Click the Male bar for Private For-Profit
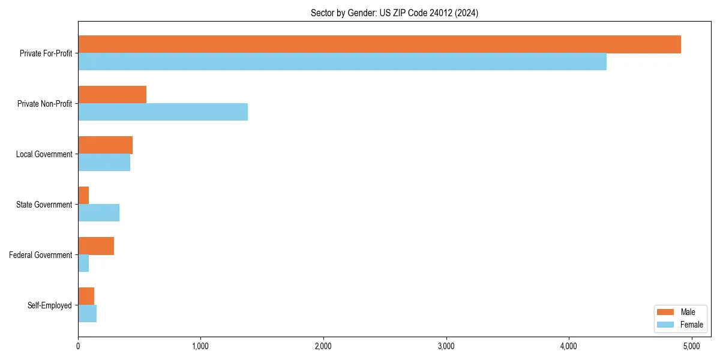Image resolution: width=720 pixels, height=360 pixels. pos(379,44)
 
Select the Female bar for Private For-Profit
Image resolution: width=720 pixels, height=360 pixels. pos(342,62)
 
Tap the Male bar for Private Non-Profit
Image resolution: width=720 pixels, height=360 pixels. pos(112,95)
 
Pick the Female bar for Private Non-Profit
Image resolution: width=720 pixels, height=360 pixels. pos(163,112)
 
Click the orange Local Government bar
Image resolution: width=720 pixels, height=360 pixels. pos(105,145)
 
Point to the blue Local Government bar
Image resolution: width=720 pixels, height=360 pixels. pos(104,163)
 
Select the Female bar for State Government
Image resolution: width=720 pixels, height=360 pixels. pos(98,213)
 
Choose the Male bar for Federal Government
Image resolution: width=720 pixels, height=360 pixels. pos(96,246)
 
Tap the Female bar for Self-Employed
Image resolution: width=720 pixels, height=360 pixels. pos(87,314)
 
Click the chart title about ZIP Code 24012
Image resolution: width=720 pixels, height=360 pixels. pos(394,13)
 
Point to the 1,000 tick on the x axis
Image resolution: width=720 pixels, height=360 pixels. pos(200,346)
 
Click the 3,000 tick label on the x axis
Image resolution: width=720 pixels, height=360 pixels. pos(446,346)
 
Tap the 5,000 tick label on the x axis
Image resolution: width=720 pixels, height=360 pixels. pos(691,346)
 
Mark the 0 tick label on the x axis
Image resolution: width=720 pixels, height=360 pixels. pos(78,346)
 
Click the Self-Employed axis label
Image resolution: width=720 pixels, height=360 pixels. pos(50,305)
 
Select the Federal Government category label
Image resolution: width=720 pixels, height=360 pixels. pos(41,255)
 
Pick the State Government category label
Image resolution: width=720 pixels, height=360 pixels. pos(44,205)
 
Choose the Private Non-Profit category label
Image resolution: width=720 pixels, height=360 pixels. pos(44,104)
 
